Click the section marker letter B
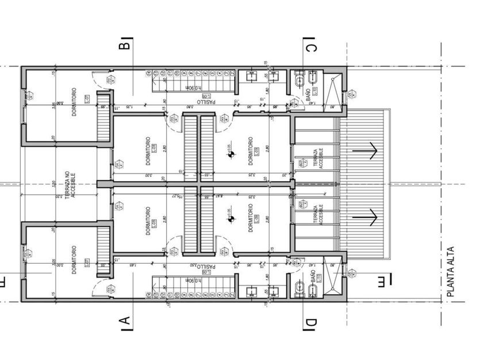[127, 43]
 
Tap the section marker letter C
[310, 45]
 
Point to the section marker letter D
[310, 324]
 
